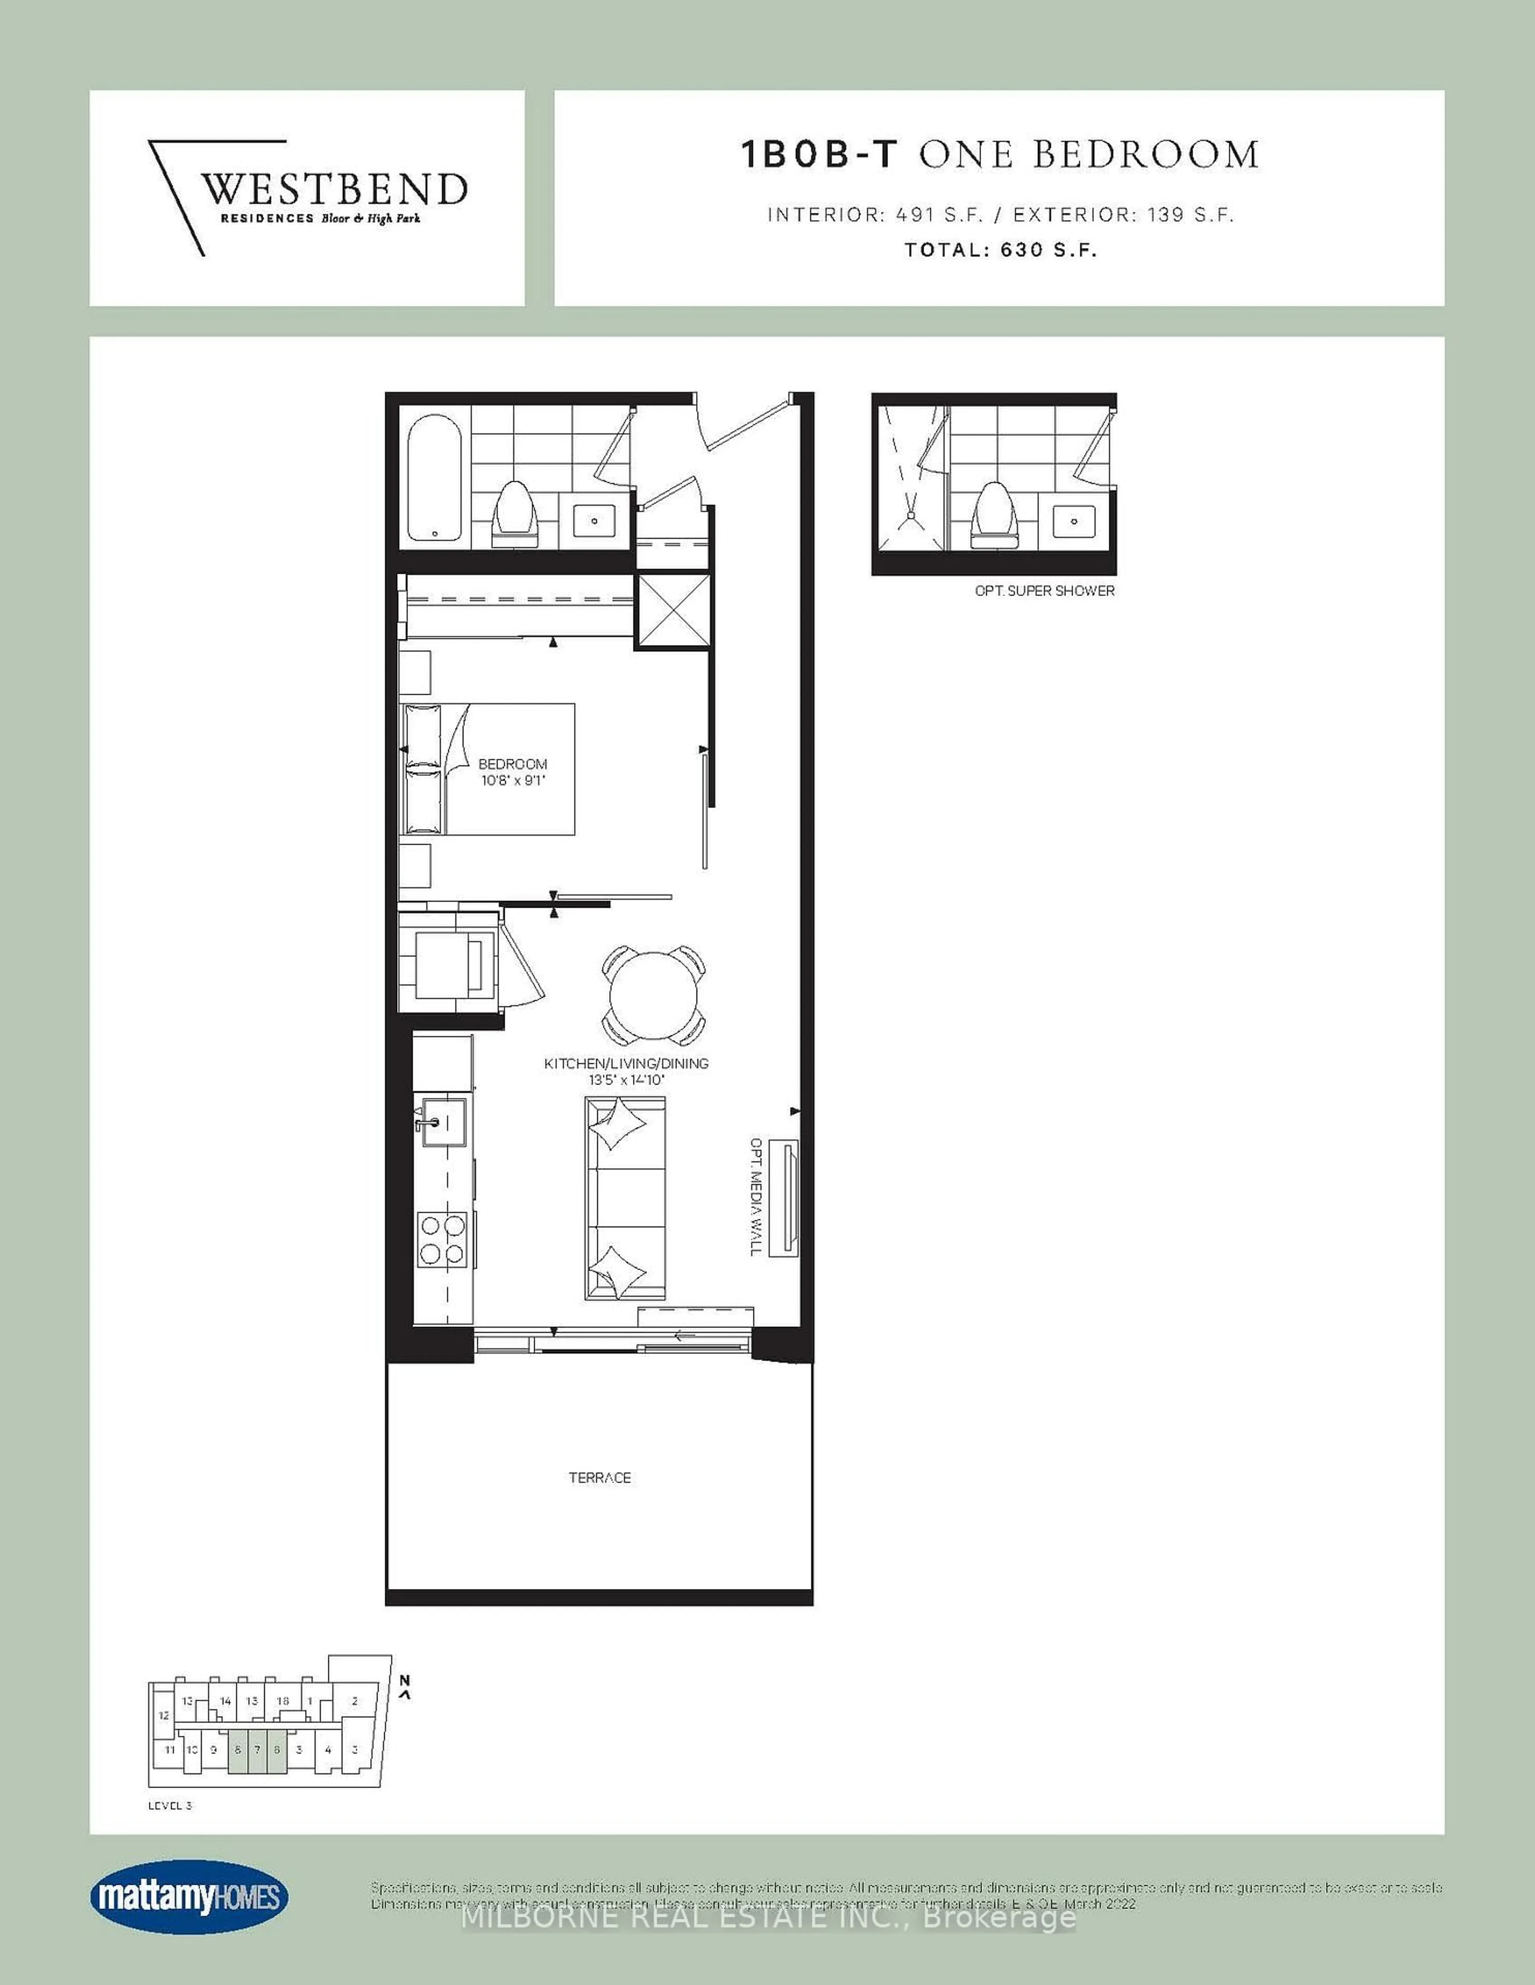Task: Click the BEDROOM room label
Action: [513, 764]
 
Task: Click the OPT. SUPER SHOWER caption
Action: [1044, 591]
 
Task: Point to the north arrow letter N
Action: [406, 1681]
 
